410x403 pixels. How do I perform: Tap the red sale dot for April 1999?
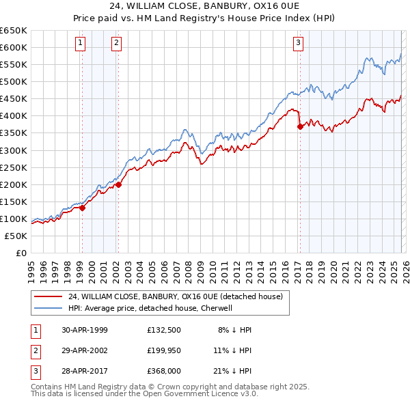[x=82, y=208]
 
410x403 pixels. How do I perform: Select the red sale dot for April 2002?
[x=118, y=184]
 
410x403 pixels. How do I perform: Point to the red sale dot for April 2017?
[x=299, y=126]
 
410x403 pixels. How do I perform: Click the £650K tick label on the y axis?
[x=14, y=31]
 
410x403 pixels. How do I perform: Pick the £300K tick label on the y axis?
[x=14, y=150]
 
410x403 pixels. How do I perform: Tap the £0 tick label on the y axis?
[x=20, y=253]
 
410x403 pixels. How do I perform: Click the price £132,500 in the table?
[x=164, y=330]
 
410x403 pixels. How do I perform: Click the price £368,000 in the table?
[x=164, y=371]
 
